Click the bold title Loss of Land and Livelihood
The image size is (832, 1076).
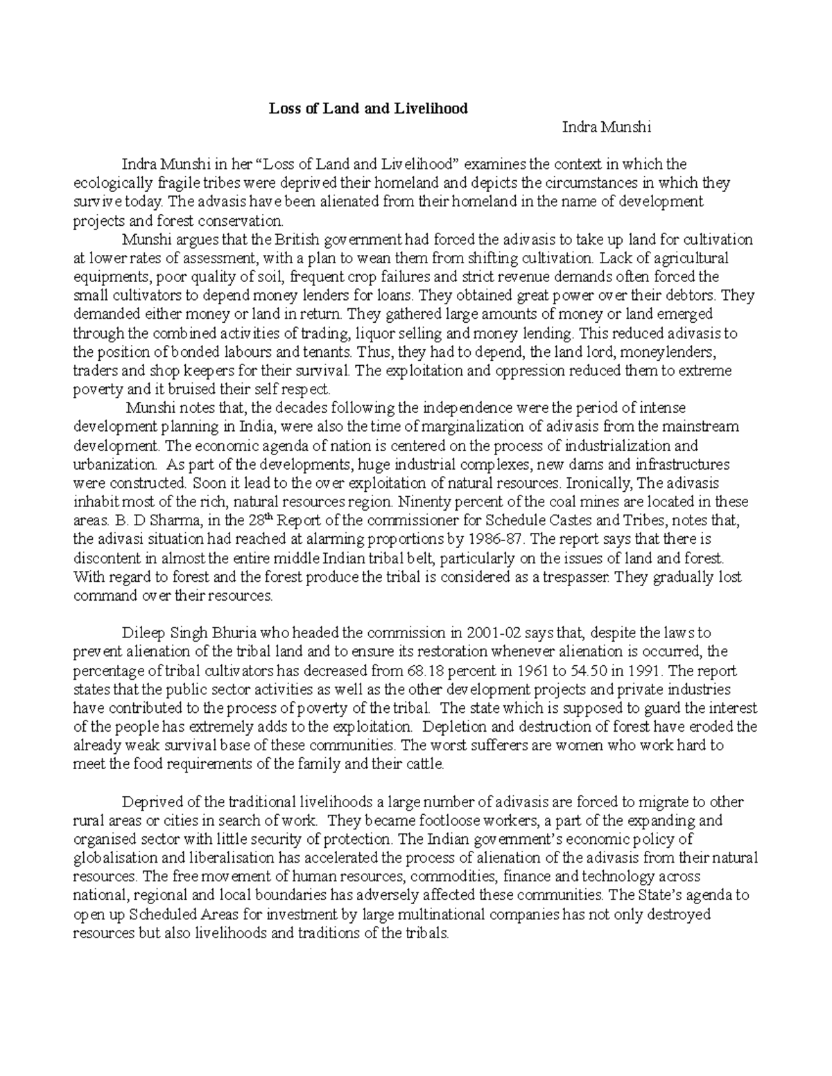pos(368,108)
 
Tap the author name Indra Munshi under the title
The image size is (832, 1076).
pos(606,127)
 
